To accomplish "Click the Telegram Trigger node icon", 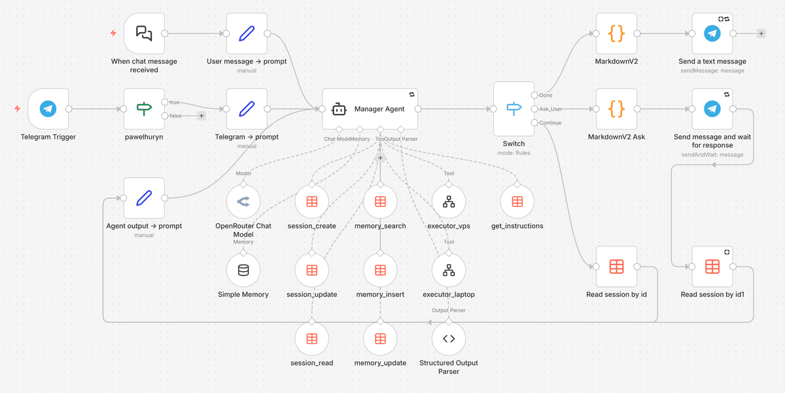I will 48,109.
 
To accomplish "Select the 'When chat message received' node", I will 144,33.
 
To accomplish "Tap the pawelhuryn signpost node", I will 144,109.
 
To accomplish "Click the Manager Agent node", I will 370,109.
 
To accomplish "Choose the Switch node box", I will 514,109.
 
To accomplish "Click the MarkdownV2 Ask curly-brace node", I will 616,109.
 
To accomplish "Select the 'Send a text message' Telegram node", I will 712,33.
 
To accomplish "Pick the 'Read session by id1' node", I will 712,267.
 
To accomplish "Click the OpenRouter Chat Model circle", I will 243,202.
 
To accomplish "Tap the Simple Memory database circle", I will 243,271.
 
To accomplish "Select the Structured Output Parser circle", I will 449,339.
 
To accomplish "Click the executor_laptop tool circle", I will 449,271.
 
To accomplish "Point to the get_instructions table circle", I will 517,202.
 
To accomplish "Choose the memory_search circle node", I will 380,202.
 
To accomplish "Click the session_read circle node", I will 312,339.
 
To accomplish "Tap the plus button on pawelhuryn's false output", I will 201,116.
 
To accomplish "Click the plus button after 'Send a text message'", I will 761,33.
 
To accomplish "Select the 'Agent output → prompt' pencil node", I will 144,198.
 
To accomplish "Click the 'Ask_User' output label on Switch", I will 551,109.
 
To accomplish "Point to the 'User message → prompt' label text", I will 247,62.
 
